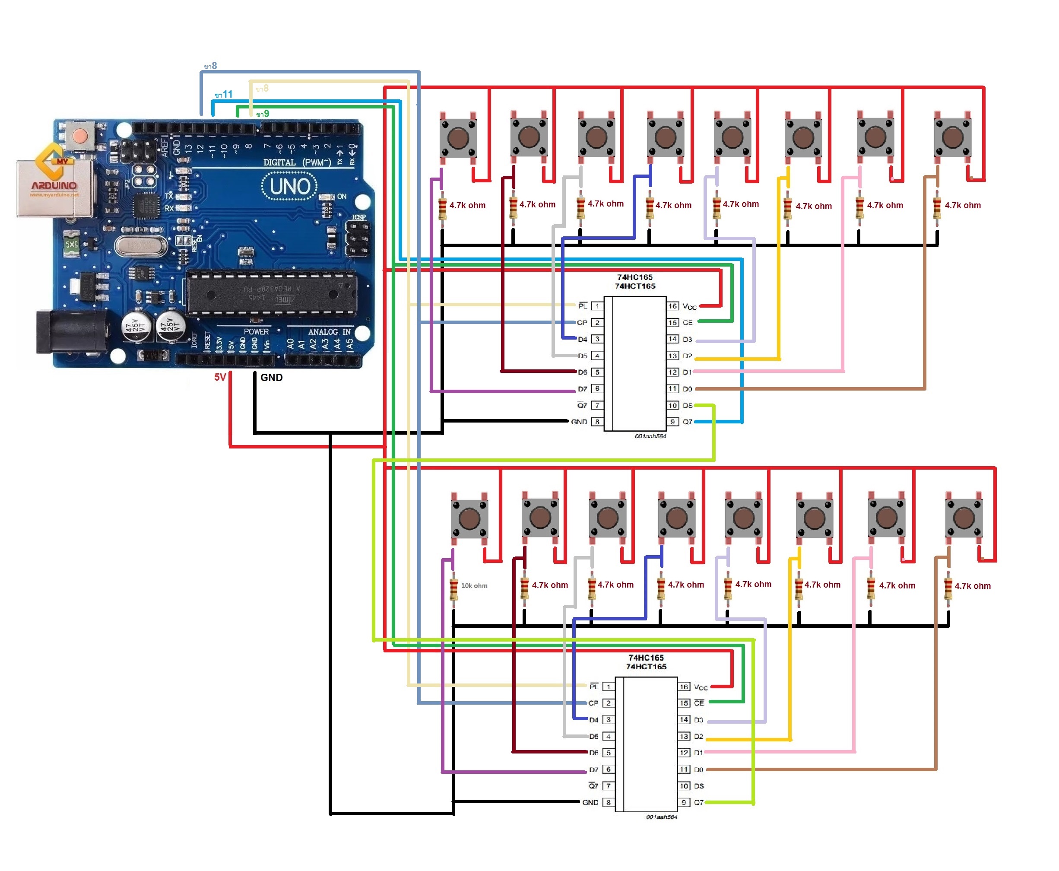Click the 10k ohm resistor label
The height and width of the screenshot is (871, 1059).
pyautogui.click(x=474, y=585)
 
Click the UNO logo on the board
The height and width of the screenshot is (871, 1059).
pyautogui.click(x=290, y=187)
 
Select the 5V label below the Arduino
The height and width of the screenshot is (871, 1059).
pyautogui.click(x=220, y=377)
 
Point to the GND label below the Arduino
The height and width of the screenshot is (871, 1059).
pyautogui.click(x=271, y=377)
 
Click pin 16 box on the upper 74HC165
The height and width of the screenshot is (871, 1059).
pyautogui.click(x=672, y=306)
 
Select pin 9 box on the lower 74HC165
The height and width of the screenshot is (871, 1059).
pyautogui.click(x=684, y=802)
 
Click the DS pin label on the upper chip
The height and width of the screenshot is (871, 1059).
pyautogui.click(x=688, y=405)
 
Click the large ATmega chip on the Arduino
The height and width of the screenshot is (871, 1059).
pyautogui.click(x=271, y=293)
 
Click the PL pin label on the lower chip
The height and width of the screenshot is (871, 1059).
pyautogui.click(x=594, y=687)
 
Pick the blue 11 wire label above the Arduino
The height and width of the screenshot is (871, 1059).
pyautogui.click(x=224, y=94)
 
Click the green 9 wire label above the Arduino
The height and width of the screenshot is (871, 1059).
pyautogui.click(x=262, y=114)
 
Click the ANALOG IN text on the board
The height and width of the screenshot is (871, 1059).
pyautogui.click(x=329, y=332)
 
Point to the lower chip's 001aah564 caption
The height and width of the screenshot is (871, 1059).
pyautogui.click(x=661, y=817)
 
